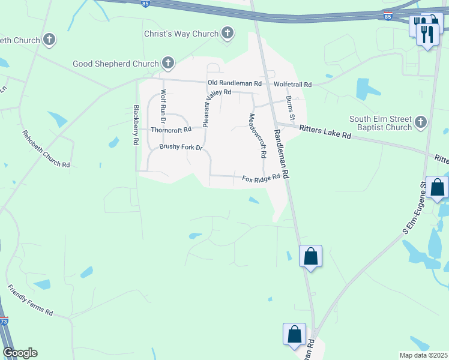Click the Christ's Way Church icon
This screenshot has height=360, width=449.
coord(227,34)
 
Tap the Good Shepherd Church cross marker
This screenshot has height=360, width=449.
coord(168,63)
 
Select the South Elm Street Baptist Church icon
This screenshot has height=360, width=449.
coord(421,122)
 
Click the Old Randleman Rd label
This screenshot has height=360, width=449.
coord(235,83)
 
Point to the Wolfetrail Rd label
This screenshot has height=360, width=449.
coord(292,85)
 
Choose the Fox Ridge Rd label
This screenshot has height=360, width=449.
coord(261,178)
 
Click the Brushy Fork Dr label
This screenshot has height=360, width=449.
coord(181,147)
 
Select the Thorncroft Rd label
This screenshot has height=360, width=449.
coord(171,129)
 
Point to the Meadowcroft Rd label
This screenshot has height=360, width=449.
coord(257,136)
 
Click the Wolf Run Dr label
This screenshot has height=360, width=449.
coord(163,107)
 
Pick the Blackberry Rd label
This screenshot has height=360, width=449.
coord(136,125)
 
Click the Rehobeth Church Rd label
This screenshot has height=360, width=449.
coord(46,149)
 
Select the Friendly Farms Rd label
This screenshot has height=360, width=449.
coord(30,300)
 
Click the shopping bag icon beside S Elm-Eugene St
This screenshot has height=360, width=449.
coord(438,188)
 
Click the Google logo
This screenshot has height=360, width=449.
coord(20,353)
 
